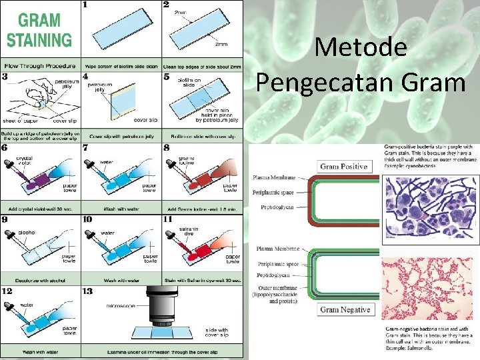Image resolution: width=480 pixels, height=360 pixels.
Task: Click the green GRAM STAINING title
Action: tap(40, 31)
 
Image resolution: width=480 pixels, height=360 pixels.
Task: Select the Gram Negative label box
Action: tap(345, 309)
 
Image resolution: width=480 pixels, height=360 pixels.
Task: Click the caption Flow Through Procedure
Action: tap(40, 65)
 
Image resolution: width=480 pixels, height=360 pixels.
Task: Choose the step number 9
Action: tap(6, 218)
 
